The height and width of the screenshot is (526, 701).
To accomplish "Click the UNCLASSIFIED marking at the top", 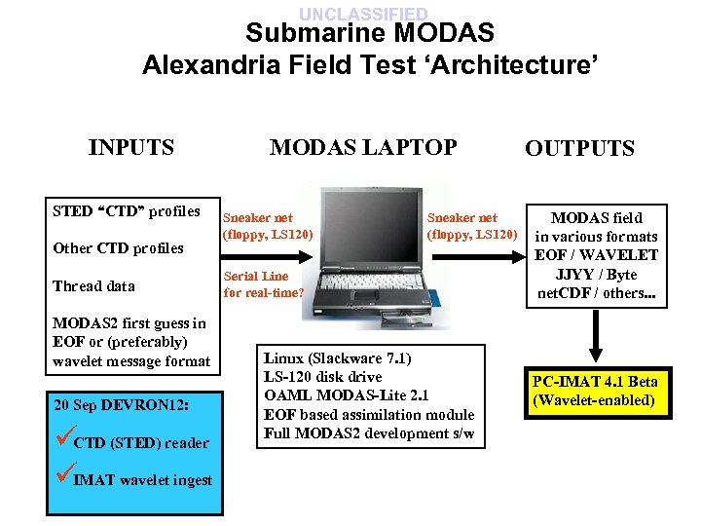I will pos(362,14).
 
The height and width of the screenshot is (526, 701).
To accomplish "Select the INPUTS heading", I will pos(130,147).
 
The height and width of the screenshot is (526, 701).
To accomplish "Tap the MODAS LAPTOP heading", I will pos(362,147).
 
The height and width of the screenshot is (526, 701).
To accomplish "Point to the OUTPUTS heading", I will pos(579,148).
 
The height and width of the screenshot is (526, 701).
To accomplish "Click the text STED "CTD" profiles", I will pos(126,210).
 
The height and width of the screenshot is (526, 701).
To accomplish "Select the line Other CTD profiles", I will pos(118,247).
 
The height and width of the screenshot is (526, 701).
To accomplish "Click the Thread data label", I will pos(93,285).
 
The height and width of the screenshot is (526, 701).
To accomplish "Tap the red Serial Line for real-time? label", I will pos(263,283).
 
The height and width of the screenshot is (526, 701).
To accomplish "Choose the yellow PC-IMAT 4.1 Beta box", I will pos(595,391).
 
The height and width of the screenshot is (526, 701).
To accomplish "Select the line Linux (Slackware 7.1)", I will pos(337,357).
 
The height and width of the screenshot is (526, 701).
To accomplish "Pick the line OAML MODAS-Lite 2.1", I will pos(346,395).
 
